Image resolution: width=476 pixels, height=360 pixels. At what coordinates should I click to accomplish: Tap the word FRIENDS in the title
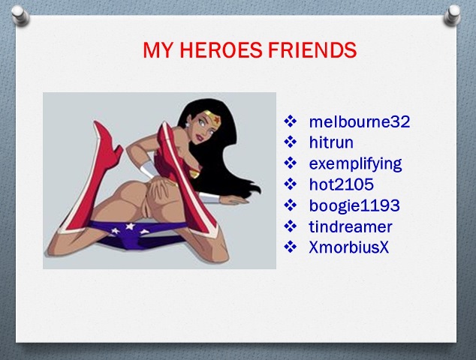(x=312, y=49)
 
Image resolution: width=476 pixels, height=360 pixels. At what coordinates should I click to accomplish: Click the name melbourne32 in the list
(x=360, y=121)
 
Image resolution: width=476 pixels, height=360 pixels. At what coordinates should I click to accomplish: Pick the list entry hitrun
(x=331, y=142)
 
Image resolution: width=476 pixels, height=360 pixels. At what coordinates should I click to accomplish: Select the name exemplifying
(x=355, y=164)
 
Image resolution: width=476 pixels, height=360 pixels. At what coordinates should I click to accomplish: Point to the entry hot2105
(x=341, y=184)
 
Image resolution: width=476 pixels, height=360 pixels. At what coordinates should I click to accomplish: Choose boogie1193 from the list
(x=354, y=206)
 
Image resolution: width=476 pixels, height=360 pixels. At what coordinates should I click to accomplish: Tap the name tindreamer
(x=351, y=226)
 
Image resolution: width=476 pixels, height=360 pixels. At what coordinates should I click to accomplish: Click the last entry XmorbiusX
(x=349, y=247)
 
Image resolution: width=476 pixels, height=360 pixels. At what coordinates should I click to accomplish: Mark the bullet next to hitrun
(x=291, y=142)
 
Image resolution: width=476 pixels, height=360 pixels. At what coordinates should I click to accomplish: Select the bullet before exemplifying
(x=291, y=163)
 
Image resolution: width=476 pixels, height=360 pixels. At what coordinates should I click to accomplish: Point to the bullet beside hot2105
(x=291, y=184)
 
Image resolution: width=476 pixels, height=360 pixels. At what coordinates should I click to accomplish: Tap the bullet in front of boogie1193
(x=291, y=205)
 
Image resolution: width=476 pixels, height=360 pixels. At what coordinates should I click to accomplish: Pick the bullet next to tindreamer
(x=291, y=226)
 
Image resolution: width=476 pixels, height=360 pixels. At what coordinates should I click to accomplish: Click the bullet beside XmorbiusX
(x=291, y=247)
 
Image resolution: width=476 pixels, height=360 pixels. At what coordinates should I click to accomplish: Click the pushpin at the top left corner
(x=20, y=16)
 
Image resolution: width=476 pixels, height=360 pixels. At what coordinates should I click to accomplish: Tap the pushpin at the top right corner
(x=452, y=15)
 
